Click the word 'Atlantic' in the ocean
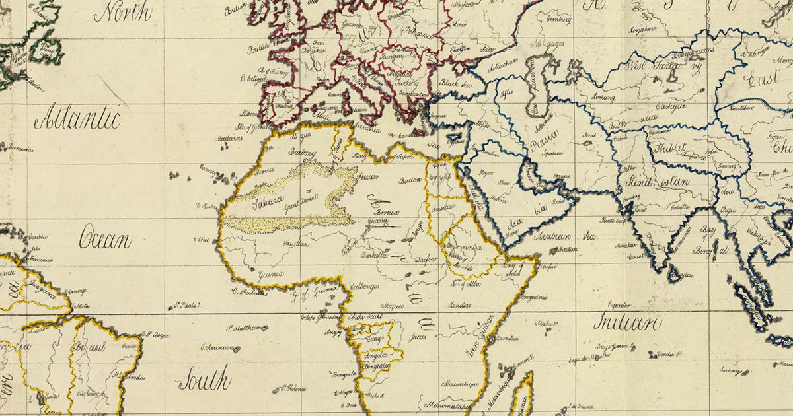(77, 121)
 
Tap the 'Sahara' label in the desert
(264, 199)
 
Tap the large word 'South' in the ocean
(204, 381)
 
